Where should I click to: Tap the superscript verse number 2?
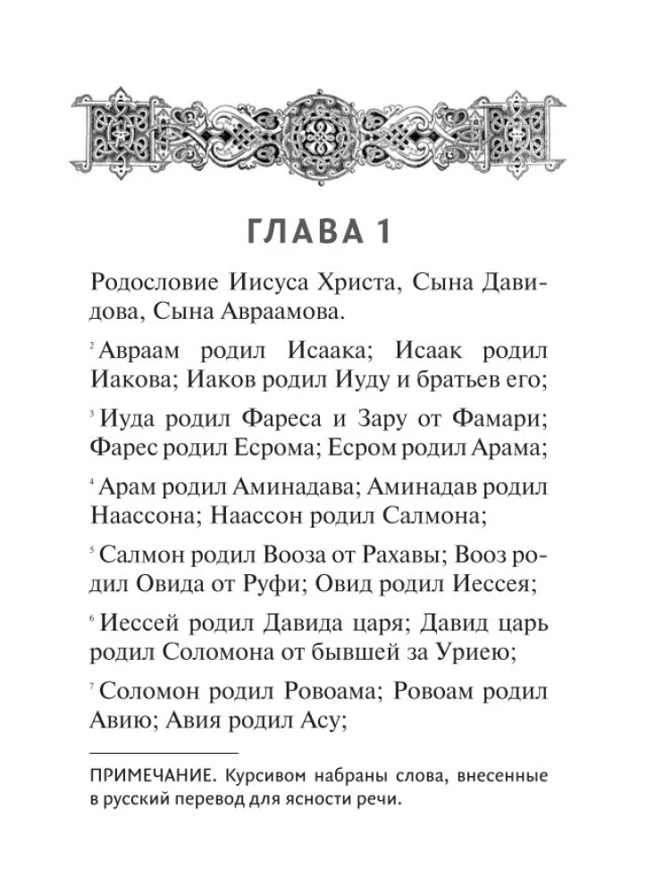94,345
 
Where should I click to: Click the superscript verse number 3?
94,413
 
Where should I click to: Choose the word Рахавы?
400,555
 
